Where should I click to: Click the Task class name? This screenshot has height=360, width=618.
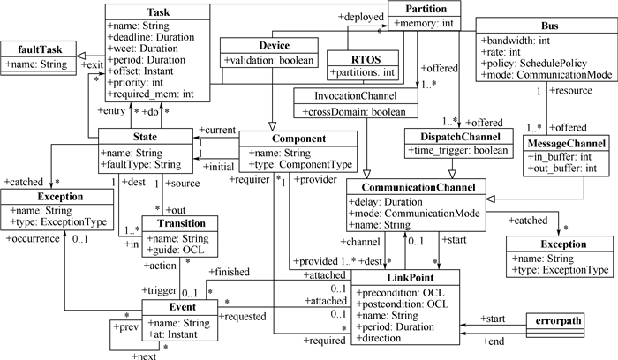[159, 12]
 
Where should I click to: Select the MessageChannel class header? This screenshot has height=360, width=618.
[567, 143]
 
